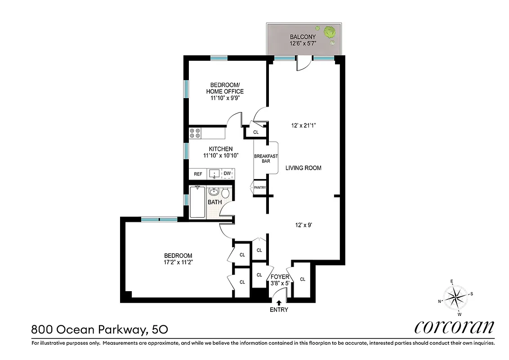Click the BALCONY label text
(303, 37)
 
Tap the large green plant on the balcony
(330, 32)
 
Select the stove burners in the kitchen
(195, 133)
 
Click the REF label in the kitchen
(198, 174)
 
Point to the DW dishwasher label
(228, 174)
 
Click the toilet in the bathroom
(226, 193)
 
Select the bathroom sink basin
(214, 192)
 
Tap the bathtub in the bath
(197, 202)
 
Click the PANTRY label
(260, 188)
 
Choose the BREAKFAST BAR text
(266, 158)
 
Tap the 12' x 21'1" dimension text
(304, 126)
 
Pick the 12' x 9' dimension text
(304, 225)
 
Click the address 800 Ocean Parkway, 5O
(100, 329)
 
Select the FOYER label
(280, 277)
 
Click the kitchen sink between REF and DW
(214, 174)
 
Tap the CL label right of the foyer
(302, 279)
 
